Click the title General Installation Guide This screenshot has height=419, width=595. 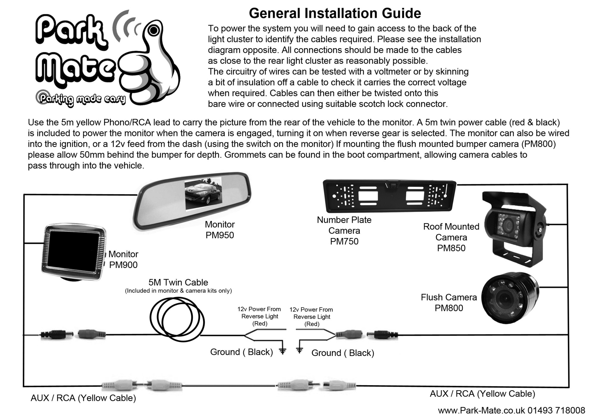click(335, 13)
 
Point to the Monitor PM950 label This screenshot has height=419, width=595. click(220, 230)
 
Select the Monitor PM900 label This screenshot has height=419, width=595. click(123, 259)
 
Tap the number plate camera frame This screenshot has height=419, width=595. click(389, 196)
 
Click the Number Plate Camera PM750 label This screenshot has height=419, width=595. click(344, 231)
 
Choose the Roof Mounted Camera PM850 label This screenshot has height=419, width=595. click(451, 237)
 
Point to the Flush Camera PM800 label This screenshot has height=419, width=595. click(449, 303)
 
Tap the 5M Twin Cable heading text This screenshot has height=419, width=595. click(178, 282)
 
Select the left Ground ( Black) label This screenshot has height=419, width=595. click(242, 352)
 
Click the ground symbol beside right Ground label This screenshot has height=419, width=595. click(300, 350)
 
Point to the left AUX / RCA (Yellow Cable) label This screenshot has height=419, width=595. click(83, 398)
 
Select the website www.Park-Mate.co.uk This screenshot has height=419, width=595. click(482, 410)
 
